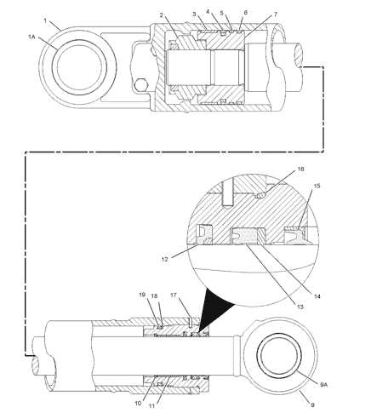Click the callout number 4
[x=208, y=12]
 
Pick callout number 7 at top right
[x=249, y=16]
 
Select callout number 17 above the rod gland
[x=174, y=296]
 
